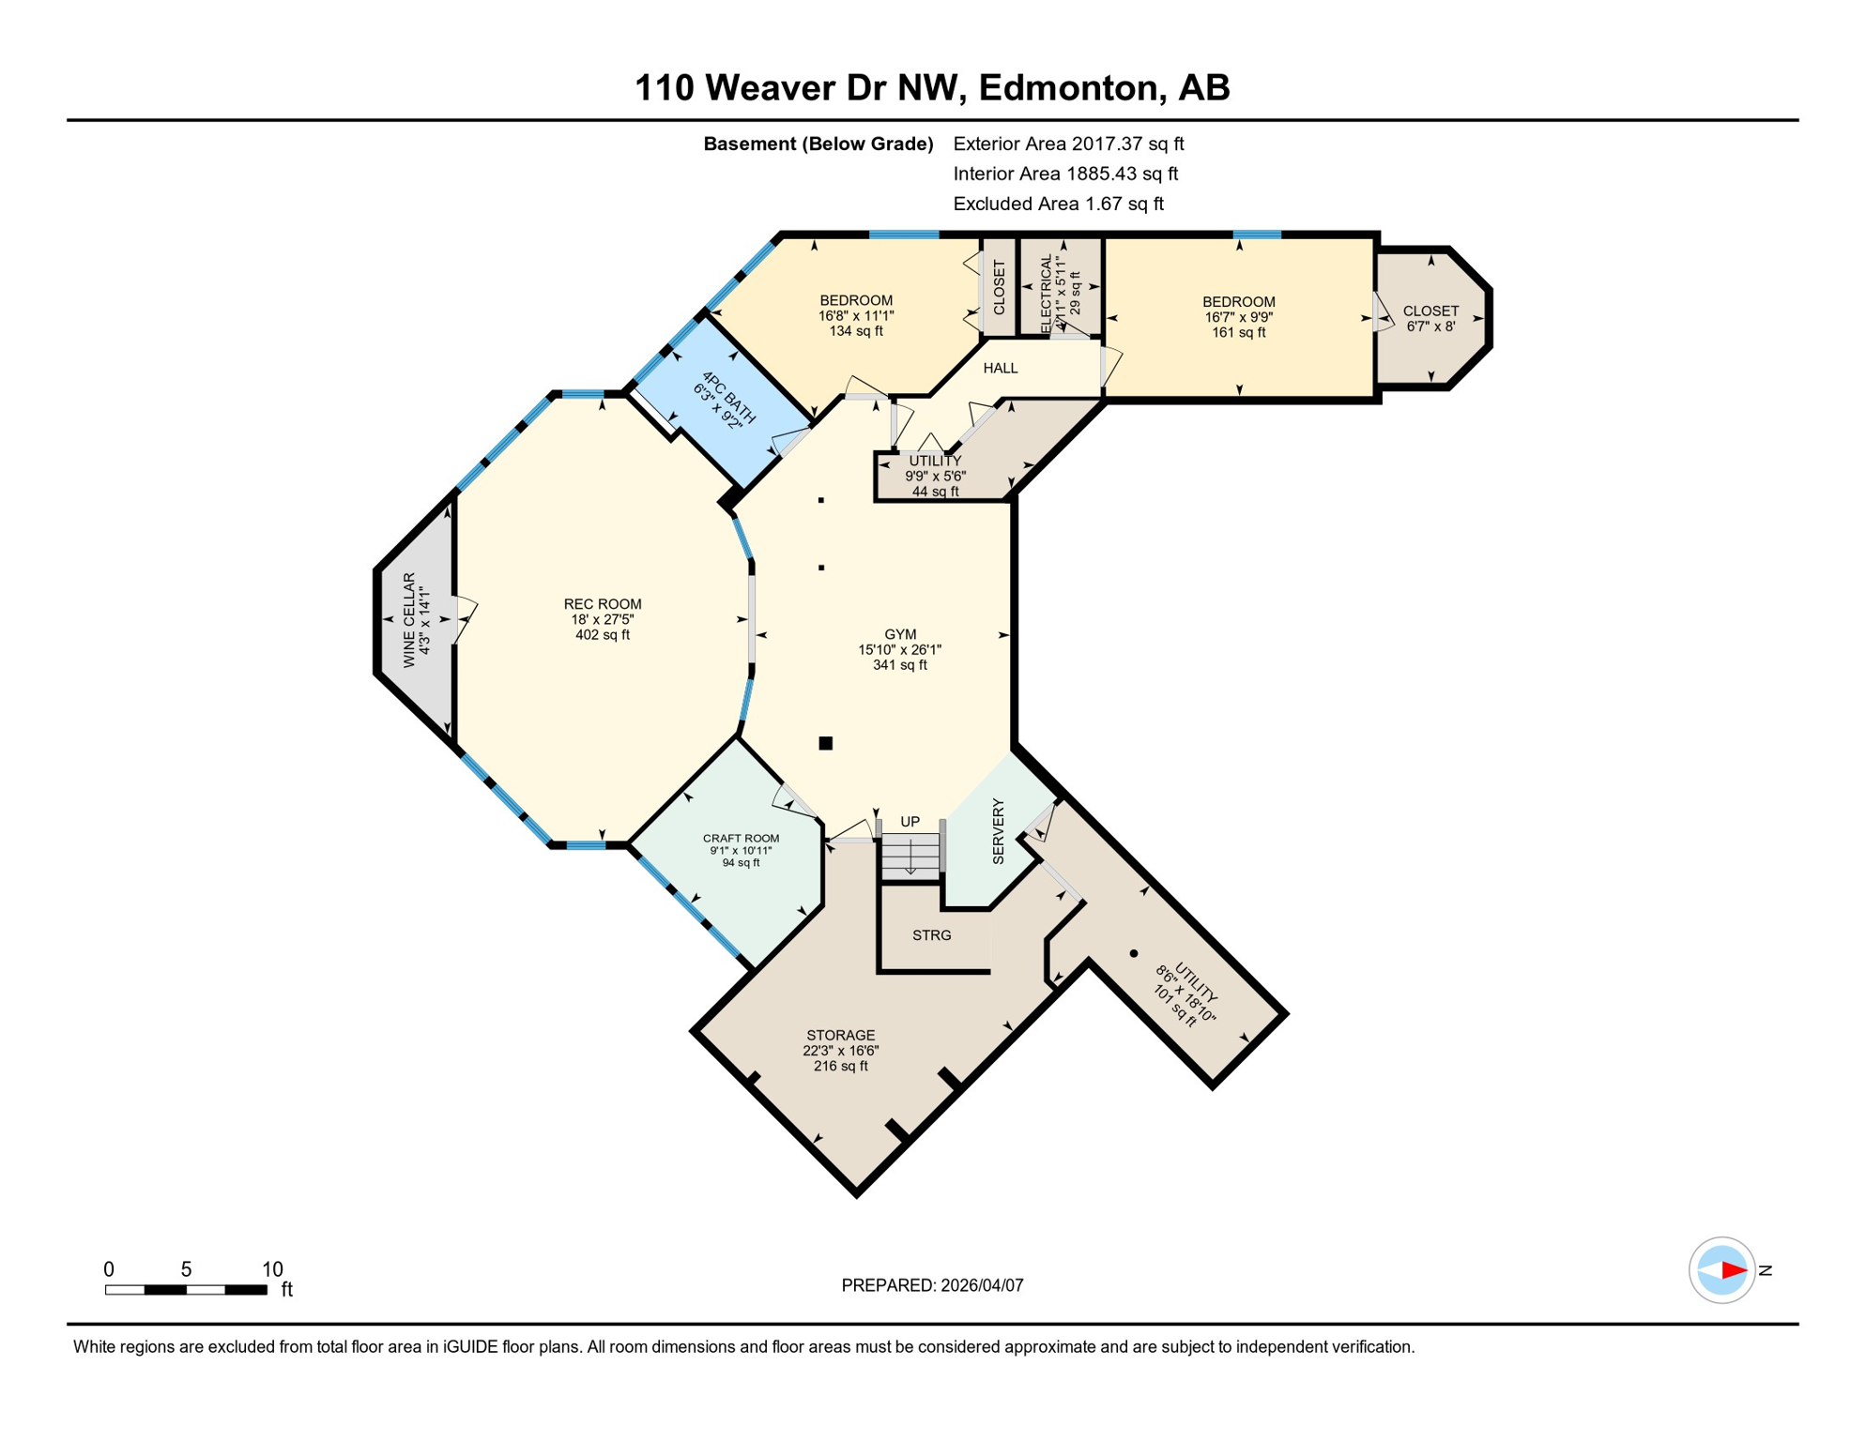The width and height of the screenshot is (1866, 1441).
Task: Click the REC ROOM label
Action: (603, 604)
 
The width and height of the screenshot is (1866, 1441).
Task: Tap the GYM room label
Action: (899, 634)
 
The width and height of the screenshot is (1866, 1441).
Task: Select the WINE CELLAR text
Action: (409, 620)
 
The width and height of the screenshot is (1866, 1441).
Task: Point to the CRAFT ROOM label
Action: (741, 839)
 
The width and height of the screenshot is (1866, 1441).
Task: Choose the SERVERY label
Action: (998, 831)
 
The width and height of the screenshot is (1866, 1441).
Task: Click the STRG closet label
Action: (931, 935)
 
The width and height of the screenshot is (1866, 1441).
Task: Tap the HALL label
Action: (1000, 368)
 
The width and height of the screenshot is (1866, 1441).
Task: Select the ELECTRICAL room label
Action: (1046, 293)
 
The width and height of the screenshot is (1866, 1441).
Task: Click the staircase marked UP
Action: (910, 854)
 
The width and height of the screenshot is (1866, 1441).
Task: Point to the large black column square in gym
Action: (826, 743)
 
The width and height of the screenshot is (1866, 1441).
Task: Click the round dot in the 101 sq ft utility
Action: (1134, 953)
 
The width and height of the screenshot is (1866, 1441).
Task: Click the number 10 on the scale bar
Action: (272, 1269)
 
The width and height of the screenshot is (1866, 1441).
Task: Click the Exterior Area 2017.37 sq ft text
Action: (1068, 144)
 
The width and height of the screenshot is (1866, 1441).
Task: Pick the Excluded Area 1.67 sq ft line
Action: (1058, 204)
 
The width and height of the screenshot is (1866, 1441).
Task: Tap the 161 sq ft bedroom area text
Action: (1238, 332)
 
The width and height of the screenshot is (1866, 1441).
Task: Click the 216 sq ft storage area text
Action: (840, 1066)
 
